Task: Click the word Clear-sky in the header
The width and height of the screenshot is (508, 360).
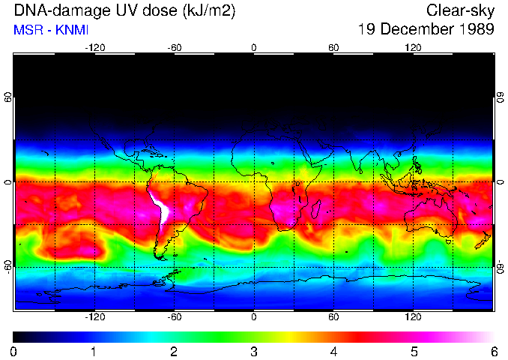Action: coord(460,10)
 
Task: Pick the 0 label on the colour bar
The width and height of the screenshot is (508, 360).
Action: coord(14,351)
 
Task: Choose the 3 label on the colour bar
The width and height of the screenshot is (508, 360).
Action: coord(254,351)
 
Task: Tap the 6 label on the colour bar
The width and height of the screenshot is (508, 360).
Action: coord(494,351)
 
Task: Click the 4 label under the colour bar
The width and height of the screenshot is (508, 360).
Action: coord(334,351)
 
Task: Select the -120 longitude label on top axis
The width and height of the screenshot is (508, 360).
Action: coord(94,48)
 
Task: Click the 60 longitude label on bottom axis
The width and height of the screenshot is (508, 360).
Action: coord(333,316)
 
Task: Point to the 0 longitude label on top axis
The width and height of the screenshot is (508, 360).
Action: coord(254,48)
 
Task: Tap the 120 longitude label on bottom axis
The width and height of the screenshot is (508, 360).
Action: coord(414,316)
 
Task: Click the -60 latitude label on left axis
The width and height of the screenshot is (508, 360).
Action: coord(7,266)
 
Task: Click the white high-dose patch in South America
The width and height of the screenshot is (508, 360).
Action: coord(162,210)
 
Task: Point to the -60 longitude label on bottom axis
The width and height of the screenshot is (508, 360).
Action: coord(174,316)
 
